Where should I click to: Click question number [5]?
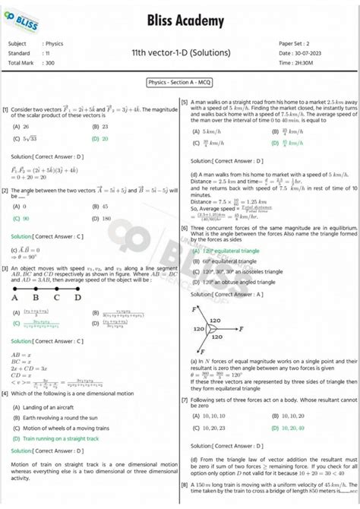185,102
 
